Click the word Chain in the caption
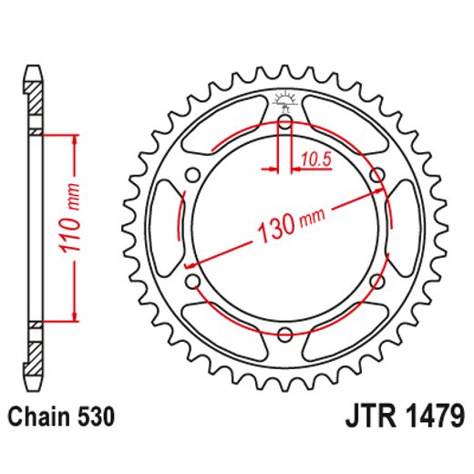coord(36,418)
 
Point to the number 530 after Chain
coord(95,418)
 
